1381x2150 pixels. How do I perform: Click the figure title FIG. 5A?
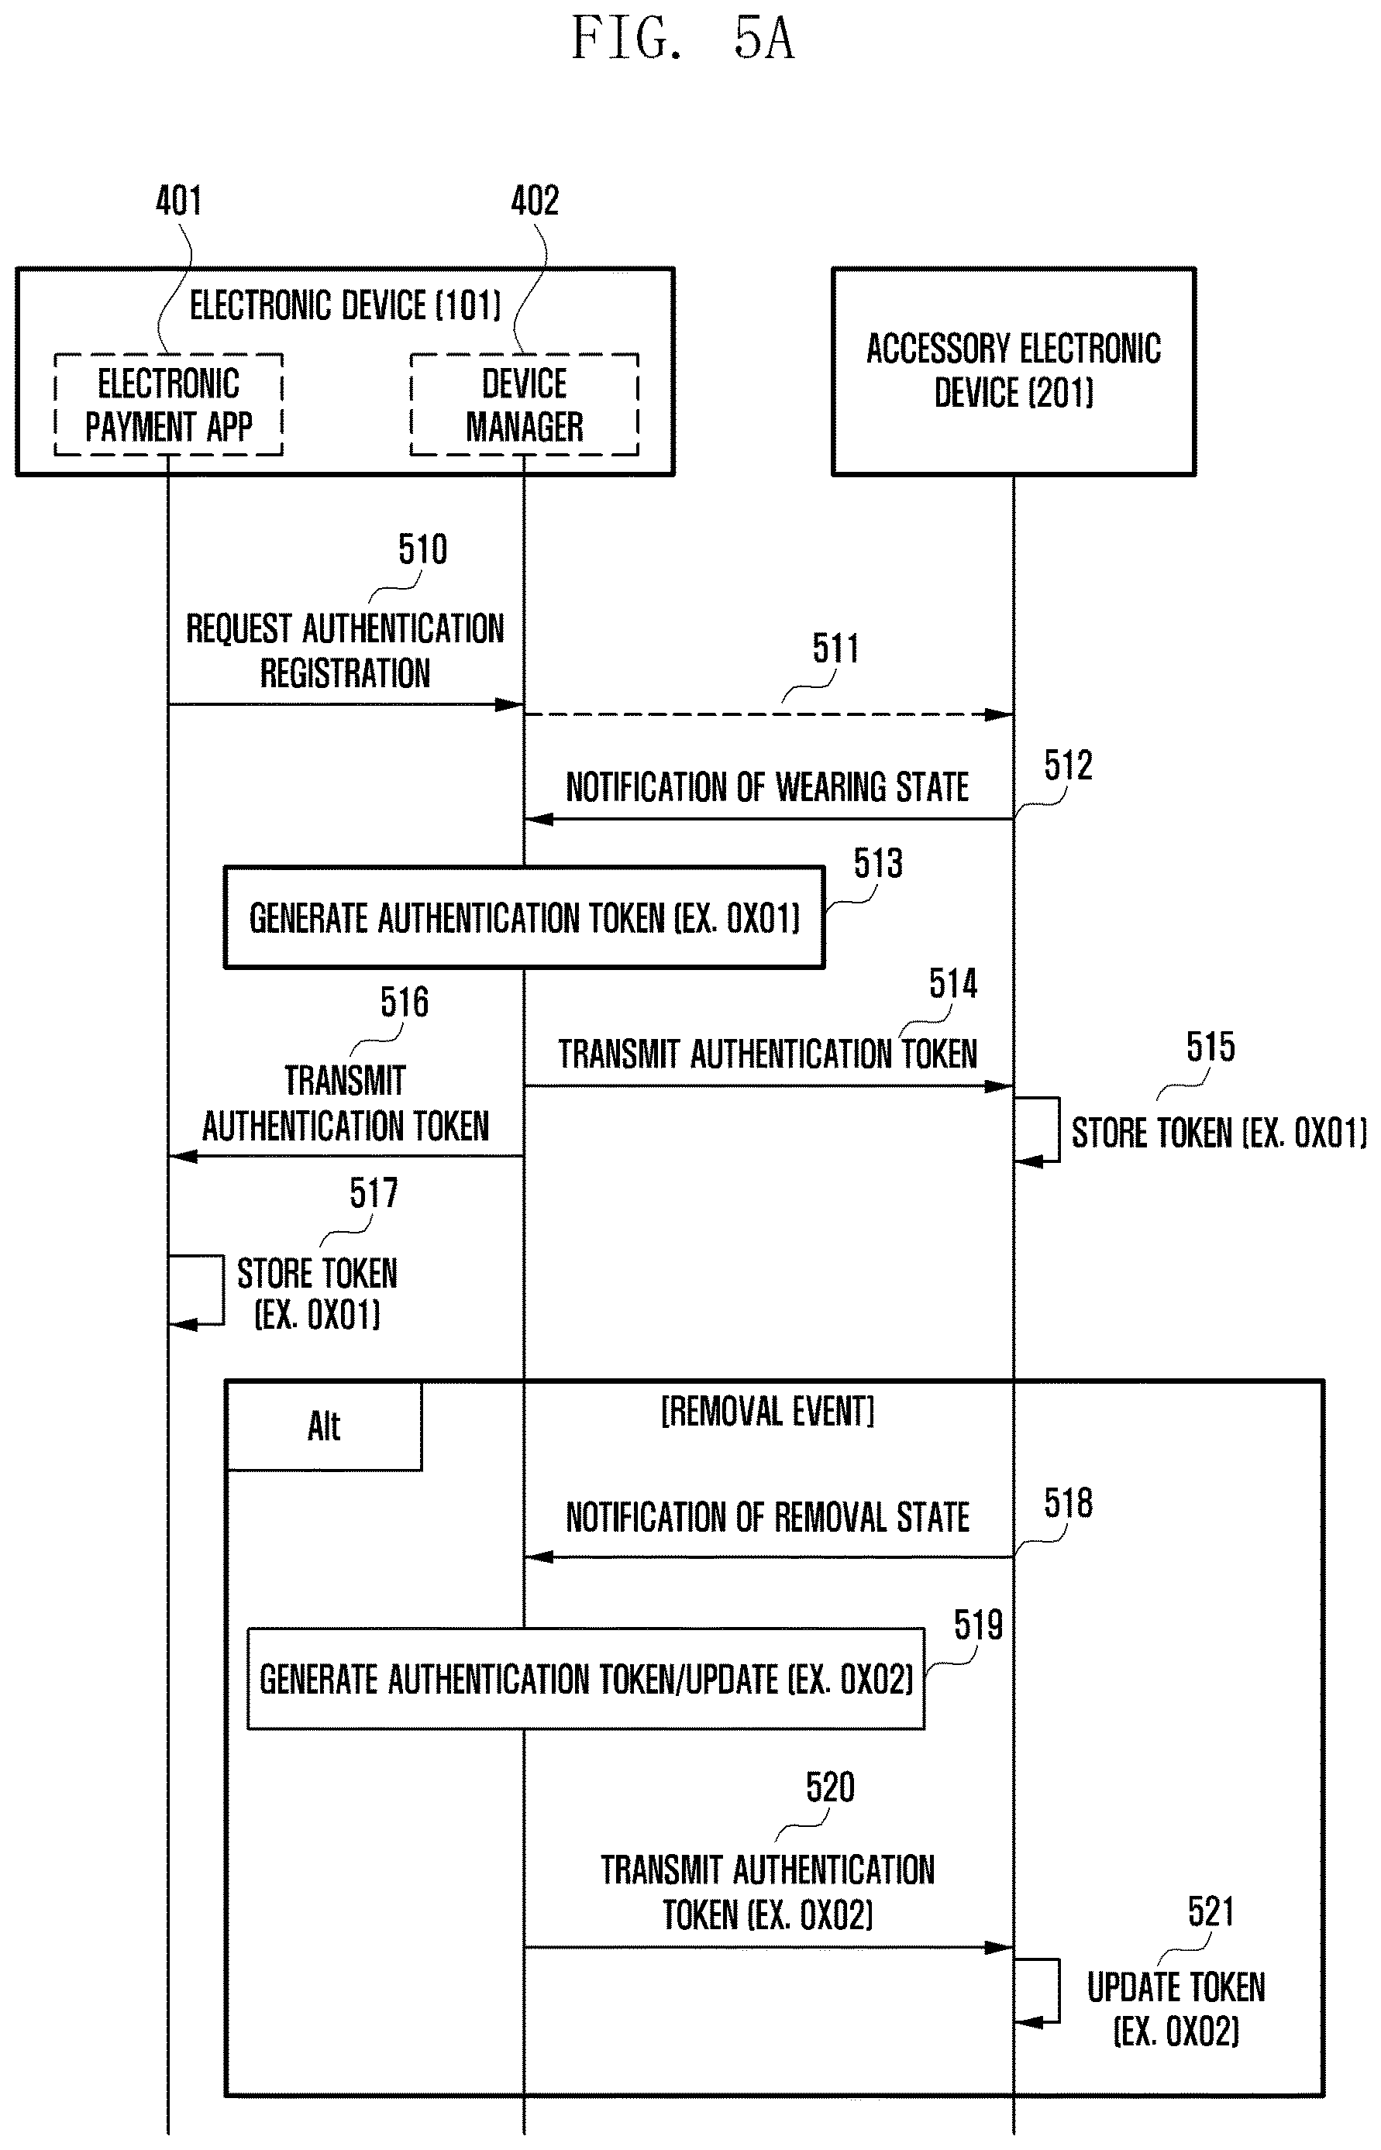point(684,40)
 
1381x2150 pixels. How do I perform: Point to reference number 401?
point(178,200)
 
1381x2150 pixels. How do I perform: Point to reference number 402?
point(535,200)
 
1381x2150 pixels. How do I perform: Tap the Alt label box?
point(324,1426)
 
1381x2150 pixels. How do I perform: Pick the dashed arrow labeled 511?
point(769,714)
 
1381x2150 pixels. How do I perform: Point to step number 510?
point(422,549)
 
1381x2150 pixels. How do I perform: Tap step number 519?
point(977,1625)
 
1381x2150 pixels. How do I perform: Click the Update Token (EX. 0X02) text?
point(1176,2008)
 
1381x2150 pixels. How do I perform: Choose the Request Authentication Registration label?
point(346,650)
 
